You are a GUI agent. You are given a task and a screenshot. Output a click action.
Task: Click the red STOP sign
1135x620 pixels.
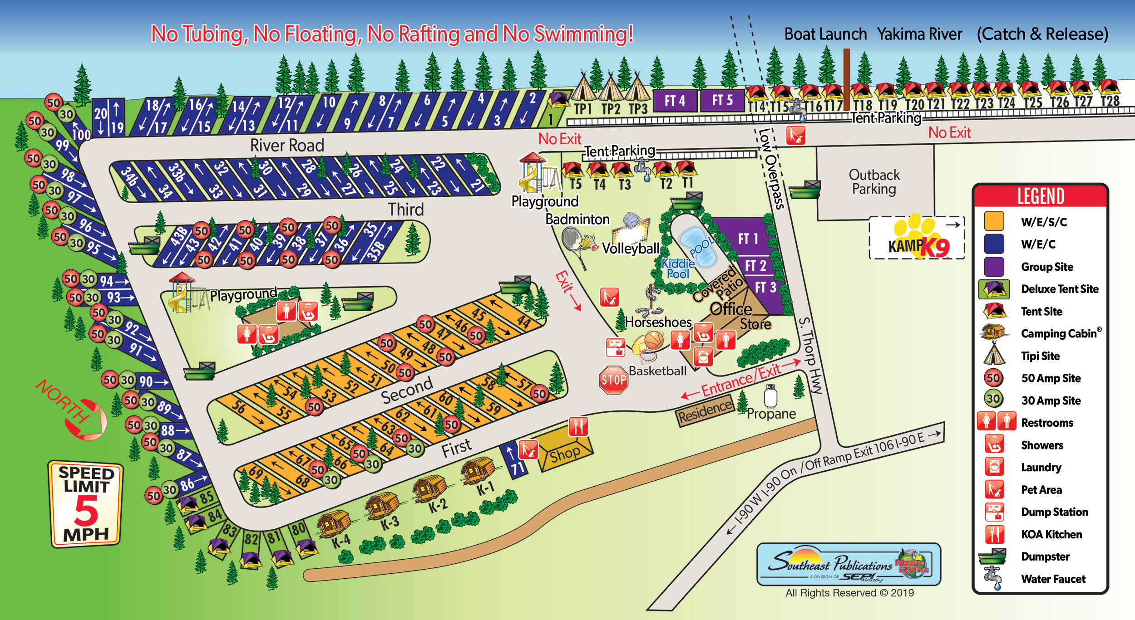(613, 380)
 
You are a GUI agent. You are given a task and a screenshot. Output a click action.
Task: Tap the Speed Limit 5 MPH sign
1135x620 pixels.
(85, 504)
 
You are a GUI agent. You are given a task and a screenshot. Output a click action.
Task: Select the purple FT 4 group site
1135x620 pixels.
(675, 101)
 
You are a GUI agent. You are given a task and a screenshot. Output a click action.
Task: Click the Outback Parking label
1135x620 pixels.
(874, 182)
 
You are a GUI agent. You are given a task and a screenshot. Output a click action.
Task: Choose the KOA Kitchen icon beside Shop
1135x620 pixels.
(578, 426)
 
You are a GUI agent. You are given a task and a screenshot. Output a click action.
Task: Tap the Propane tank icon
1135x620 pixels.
(770, 396)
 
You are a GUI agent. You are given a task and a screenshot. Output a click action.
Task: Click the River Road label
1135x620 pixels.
(287, 146)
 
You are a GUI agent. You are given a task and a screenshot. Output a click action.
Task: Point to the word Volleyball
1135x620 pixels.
(630, 249)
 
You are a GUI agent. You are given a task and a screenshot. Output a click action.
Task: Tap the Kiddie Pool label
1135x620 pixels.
(678, 269)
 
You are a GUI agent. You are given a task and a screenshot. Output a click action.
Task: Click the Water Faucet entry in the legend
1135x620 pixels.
(1053, 579)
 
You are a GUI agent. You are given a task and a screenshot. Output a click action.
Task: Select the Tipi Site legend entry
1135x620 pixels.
(1040, 356)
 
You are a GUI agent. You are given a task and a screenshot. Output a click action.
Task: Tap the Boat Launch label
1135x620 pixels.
(825, 34)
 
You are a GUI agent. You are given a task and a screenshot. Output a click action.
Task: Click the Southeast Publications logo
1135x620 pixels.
(848, 565)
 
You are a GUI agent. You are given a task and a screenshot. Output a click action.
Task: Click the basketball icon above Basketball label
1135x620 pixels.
(653, 340)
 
